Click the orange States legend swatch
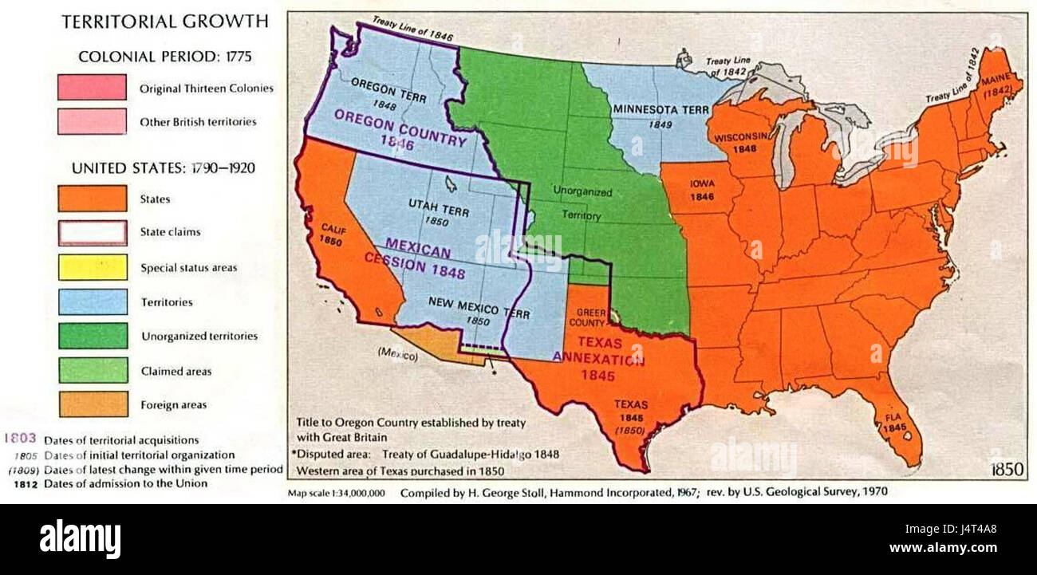(92, 199)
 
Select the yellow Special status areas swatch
(92, 267)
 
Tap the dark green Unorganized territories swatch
(92, 336)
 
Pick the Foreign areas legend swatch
(92, 404)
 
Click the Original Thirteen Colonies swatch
(92, 88)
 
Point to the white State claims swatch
(92, 233)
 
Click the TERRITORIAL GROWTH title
(165, 22)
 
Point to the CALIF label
(331, 228)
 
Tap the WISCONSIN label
(739, 136)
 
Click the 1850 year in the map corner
(1007, 470)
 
